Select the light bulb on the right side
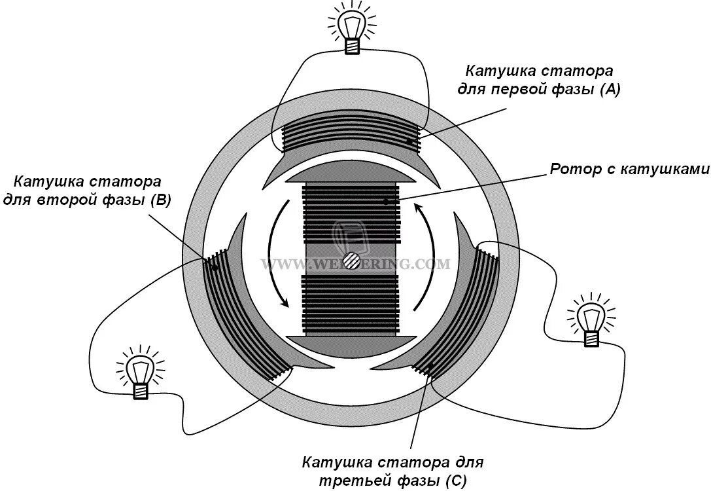591,318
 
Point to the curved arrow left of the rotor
275,255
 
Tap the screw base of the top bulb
352,45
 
